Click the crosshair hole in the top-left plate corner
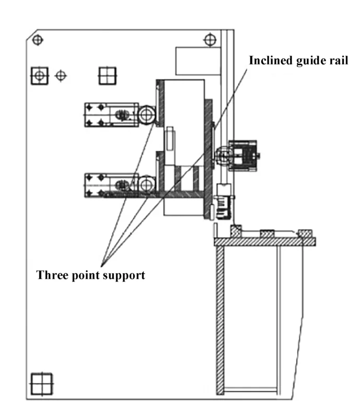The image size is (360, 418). coord(37,39)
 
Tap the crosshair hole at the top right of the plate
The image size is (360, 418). coord(209,38)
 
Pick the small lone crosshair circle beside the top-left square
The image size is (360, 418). coord(61,76)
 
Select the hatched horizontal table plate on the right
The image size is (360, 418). coord(264,241)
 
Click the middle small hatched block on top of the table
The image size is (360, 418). coord(267,234)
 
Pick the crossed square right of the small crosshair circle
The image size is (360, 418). coord(107,76)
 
